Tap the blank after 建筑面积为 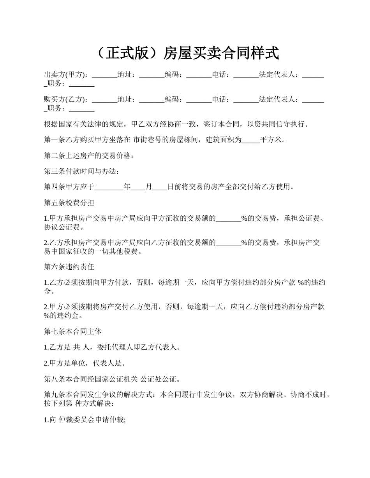click(x=251, y=140)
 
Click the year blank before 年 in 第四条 click(x=109, y=187)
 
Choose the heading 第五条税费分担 click(x=69, y=203)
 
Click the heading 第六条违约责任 click(x=69, y=267)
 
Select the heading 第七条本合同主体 click(x=73, y=331)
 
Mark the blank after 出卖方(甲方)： click(x=105, y=75)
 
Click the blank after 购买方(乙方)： click(x=105, y=100)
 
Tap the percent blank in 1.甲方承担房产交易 click(x=229, y=219)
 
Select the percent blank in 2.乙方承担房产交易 click(x=229, y=243)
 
